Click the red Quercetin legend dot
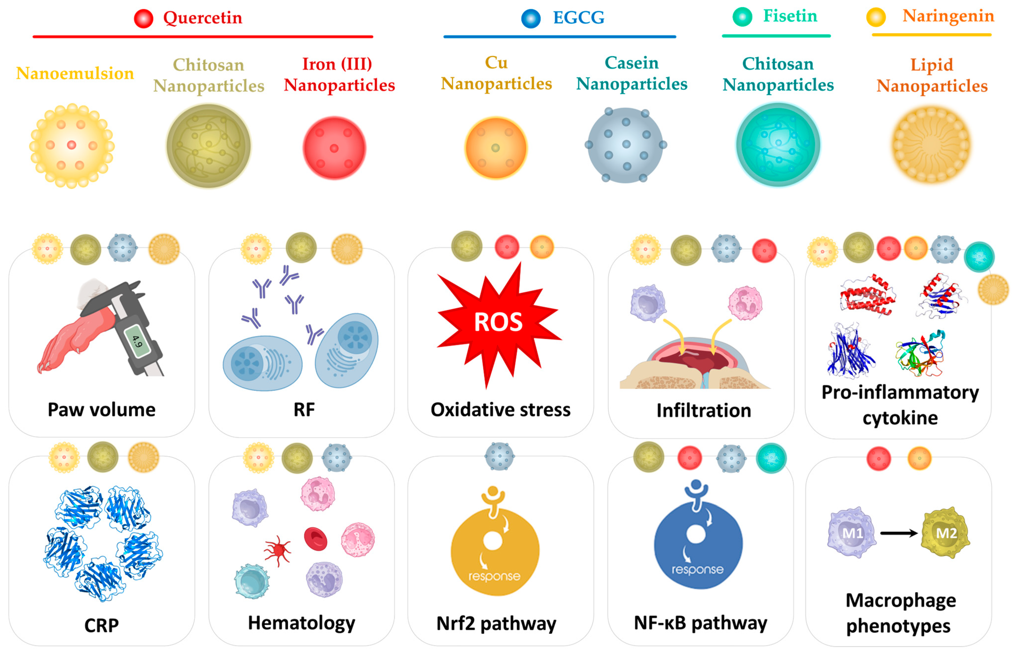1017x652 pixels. (x=143, y=19)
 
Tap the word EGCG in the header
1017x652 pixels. (x=578, y=18)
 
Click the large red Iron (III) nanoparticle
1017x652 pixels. (x=334, y=148)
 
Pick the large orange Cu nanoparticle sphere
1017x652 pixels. (x=495, y=148)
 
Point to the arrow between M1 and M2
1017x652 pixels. (x=898, y=533)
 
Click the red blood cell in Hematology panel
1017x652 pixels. (x=316, y=539)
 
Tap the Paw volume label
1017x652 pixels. (x=101, y=410)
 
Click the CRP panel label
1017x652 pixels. (x=101, y=625)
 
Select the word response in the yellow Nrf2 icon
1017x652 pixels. (x=494, y=576)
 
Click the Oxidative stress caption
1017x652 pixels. (x=501, y=410)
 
